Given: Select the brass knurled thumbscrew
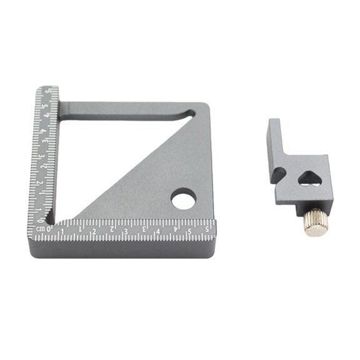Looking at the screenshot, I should point(313,222).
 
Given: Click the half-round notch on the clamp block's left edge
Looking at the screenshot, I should point(279,173).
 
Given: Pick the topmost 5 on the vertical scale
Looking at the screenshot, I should point(47,93).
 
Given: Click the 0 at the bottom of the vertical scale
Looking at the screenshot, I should point(41,219).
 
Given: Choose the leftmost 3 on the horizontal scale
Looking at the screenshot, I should point(125,232).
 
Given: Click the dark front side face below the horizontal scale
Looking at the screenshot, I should point(125,250).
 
